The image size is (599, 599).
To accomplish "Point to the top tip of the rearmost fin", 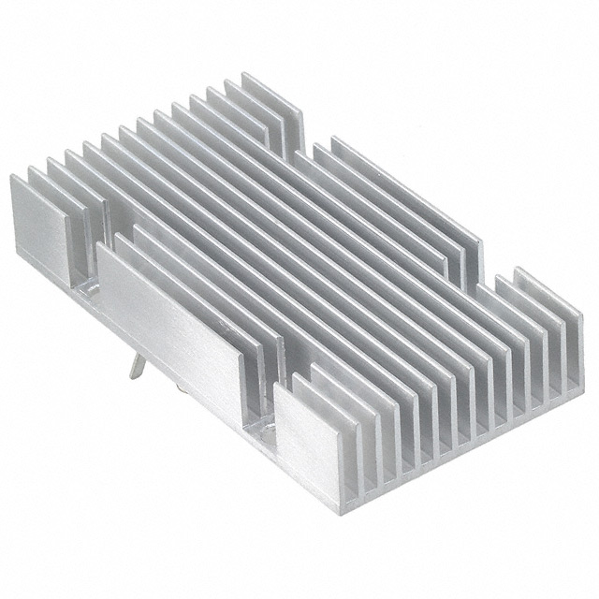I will (x=245, y=75).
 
